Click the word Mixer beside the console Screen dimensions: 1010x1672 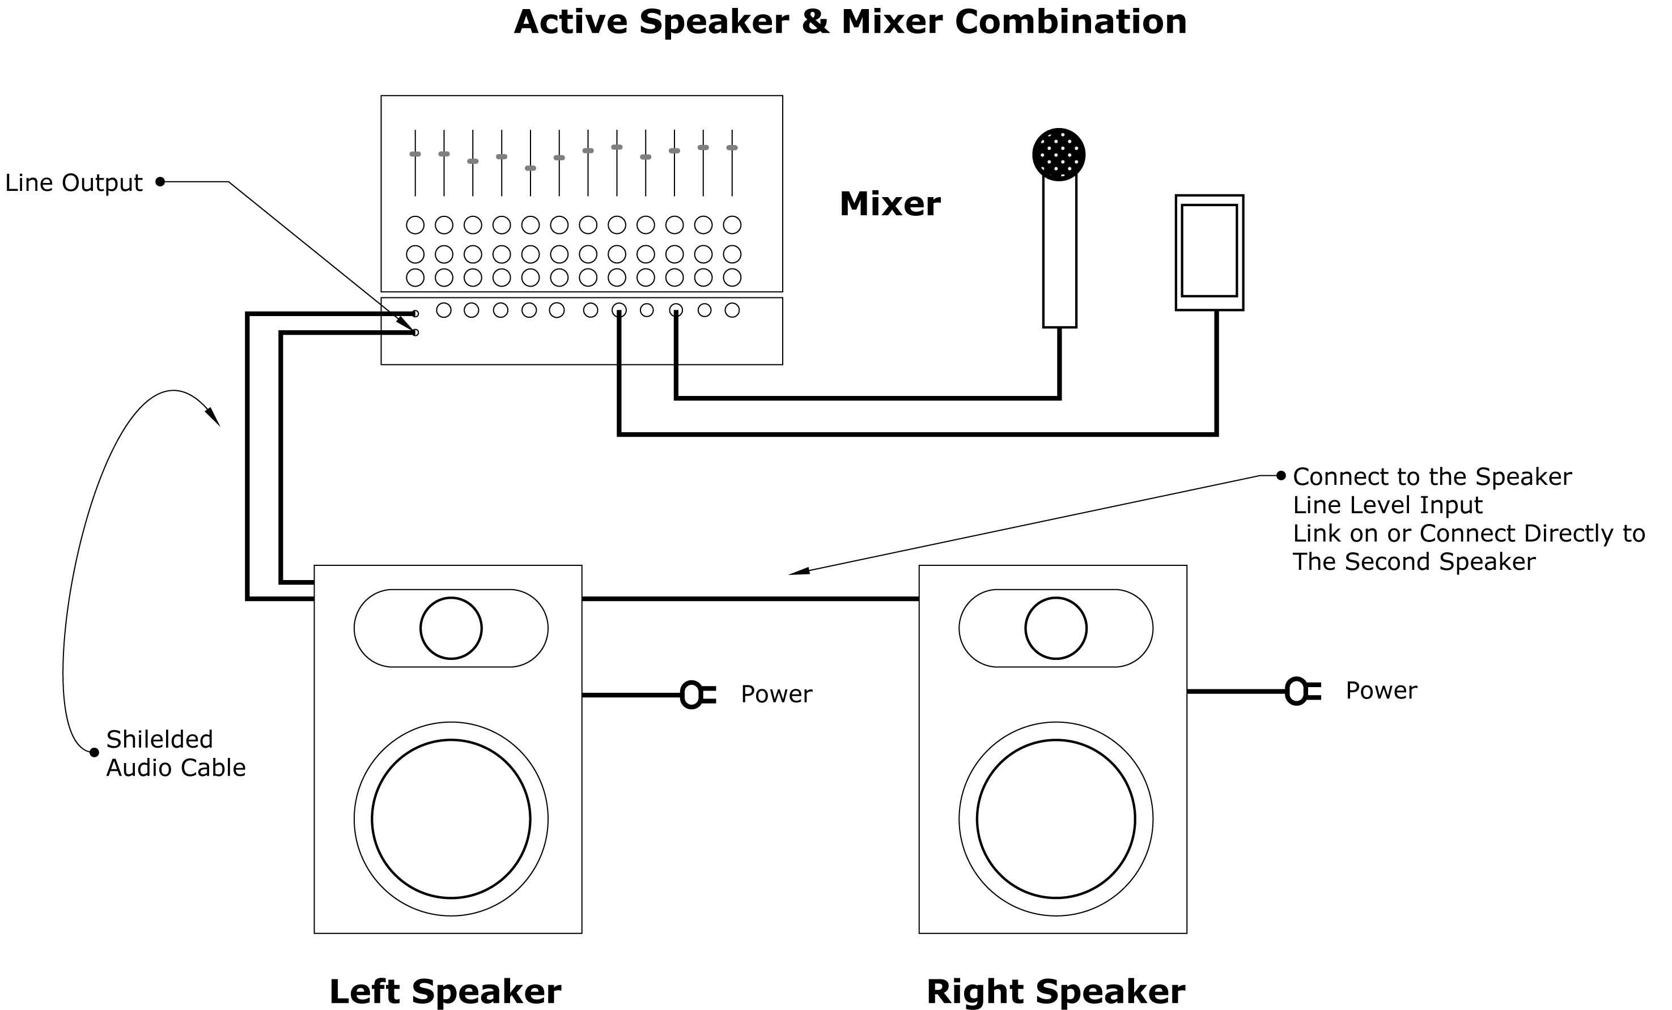coord(890,204)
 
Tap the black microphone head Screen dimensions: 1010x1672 coord(1059,154)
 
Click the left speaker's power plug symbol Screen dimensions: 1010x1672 coord(695,694)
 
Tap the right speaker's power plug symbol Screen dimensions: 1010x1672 coord(1301,691)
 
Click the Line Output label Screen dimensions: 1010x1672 coord(73,182)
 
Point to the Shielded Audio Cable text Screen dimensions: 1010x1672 coord(175,753)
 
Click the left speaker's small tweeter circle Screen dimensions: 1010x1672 coord(451,628)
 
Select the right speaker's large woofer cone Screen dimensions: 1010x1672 coord(1056,819)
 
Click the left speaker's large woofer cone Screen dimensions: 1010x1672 coord(451,819)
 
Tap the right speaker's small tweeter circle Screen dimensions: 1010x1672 coord(1056,628)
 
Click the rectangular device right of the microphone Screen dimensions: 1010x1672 coord(1209,252)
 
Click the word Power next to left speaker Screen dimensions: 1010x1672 coord(776,694)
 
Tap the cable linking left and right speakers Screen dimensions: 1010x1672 coord(750,599)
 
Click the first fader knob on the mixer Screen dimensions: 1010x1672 coord(415,154)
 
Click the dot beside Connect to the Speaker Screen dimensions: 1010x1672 coord(1281,475)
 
